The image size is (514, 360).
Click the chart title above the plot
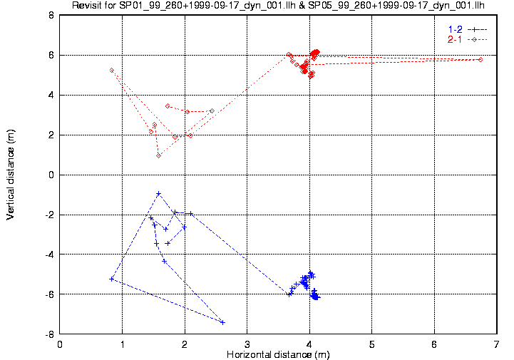coord(278,5)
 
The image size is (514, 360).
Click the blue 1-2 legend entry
coord(468,29)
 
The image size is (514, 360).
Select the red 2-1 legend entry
coord(468,40)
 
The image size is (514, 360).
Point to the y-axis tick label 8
coord(51,15)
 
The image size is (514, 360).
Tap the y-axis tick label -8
coord(49,334)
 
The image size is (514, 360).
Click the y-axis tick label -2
coord(49,215)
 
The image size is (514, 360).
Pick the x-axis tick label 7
coord(497,344)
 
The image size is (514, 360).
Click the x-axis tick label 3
coord(247,344)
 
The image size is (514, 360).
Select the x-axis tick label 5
coord(371,344)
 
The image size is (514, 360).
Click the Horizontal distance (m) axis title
coord(278,354)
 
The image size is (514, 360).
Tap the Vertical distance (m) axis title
coord(11,175)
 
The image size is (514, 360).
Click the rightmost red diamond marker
coord(480,60)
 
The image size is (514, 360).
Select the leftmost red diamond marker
coord(112,70)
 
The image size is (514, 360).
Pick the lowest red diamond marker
coord(159,155)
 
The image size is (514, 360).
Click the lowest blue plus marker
coord(223,323)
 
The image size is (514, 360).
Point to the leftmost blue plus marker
coord(112,279)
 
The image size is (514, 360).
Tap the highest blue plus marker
coord(159,194)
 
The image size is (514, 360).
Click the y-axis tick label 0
coord(51,175)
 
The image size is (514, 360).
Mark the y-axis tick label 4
coord(51,95)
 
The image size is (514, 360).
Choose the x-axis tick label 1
coord(123,344)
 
